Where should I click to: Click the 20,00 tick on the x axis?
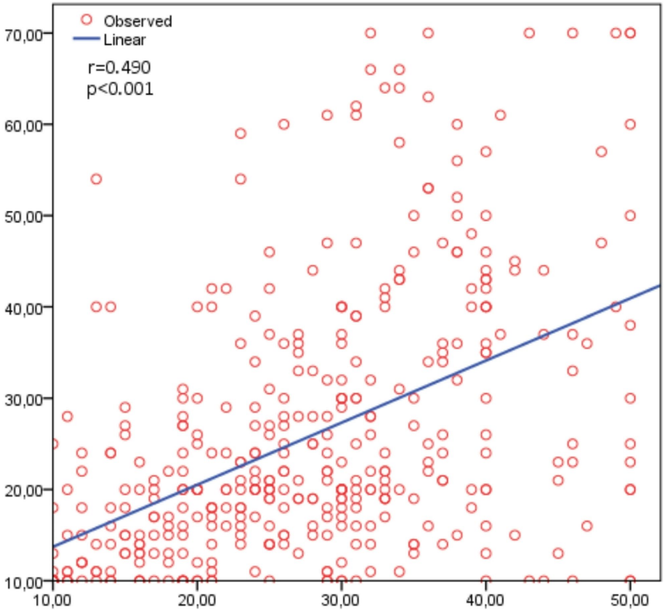197,597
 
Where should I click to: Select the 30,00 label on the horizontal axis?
341,597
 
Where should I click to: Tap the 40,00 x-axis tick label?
485,597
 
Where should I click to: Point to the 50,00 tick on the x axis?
630,597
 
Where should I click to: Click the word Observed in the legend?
137,21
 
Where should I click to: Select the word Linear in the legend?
124,40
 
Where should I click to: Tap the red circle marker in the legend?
86,20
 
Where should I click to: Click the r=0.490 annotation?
117,68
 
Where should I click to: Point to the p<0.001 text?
119,90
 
